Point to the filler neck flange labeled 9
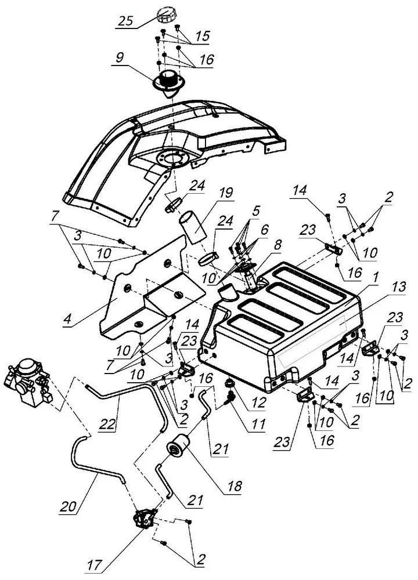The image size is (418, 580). click(168, 81)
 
